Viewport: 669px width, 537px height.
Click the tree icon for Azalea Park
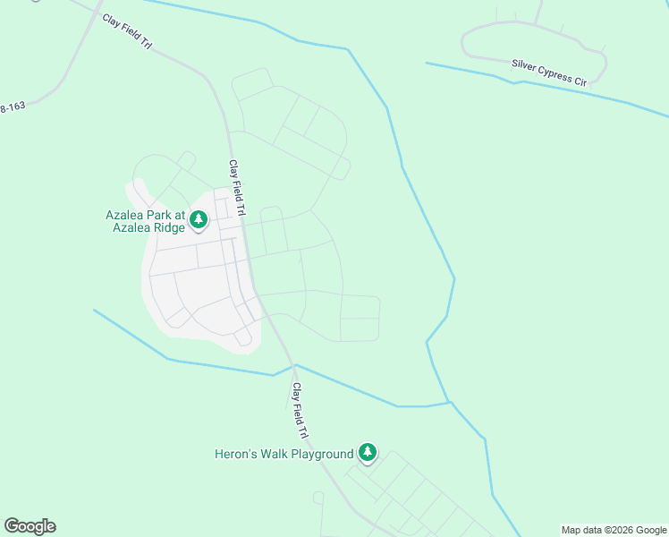[199, 218]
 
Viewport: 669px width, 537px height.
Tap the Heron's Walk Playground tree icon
[367, 453]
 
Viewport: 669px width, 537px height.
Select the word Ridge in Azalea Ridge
[165, 228]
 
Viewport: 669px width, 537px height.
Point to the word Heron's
[237, 454]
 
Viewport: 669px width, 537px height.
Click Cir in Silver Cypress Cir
[580, 81]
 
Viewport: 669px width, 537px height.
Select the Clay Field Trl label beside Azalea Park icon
[237, 188]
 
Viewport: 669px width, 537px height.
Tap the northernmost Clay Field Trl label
[128, 31]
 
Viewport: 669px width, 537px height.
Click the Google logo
[30, 526]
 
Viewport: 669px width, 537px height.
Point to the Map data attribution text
[614, 530]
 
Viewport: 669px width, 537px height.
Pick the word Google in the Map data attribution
[651, 530]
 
